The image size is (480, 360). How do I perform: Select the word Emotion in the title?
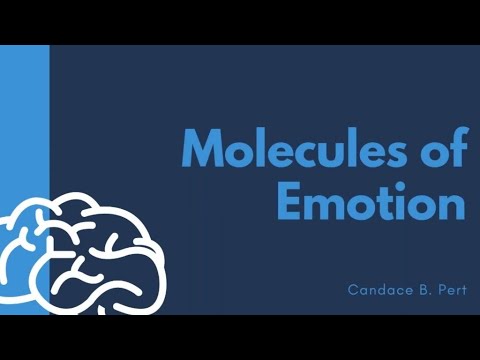370,203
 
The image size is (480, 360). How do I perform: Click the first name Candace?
375,290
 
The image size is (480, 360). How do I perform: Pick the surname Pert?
450,290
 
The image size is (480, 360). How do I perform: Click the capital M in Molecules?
204,150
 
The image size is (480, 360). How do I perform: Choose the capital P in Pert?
438,290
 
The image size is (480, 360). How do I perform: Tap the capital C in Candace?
353,290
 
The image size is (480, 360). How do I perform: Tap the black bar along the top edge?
240,21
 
